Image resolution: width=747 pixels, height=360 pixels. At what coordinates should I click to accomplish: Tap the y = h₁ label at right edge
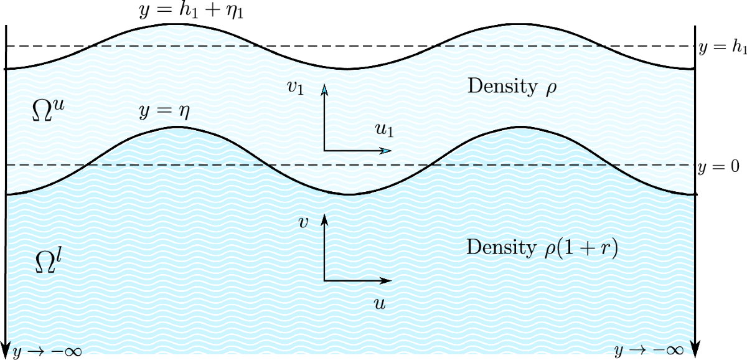(x=721, y=47)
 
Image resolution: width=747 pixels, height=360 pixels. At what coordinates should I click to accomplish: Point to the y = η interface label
(x=164, y=112)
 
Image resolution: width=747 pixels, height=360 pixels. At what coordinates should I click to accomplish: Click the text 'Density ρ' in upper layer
(x=511, y=87)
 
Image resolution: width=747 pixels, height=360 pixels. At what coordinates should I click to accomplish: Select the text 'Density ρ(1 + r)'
(x=541, y=247)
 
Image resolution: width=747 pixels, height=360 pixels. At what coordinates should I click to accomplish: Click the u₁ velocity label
(x=384, y=130)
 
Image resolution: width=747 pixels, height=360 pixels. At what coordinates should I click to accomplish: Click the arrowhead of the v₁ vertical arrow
(x=324, y=89)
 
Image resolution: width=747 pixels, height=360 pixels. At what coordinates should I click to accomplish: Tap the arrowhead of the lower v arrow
(x=324, y=219)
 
